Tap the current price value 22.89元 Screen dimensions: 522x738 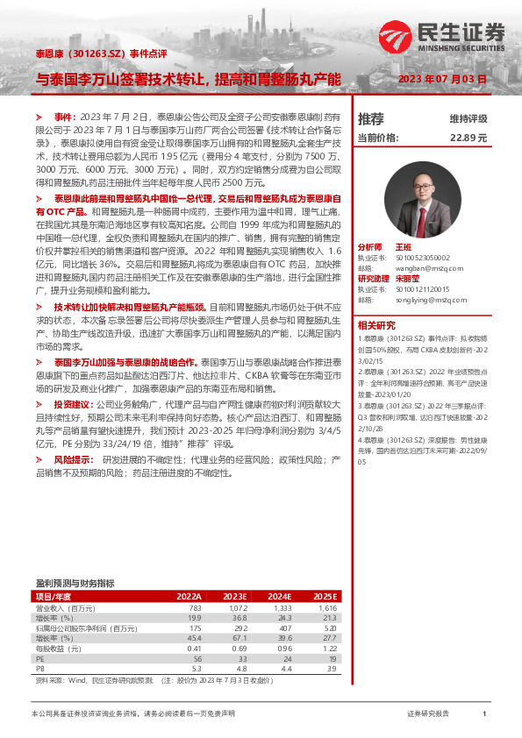click(468, 138)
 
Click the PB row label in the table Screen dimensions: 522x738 click(39, 670)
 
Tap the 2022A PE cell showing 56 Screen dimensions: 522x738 click(197, 659)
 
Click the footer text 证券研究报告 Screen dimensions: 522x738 click(428, 714)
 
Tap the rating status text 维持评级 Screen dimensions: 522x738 click(468, 118)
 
